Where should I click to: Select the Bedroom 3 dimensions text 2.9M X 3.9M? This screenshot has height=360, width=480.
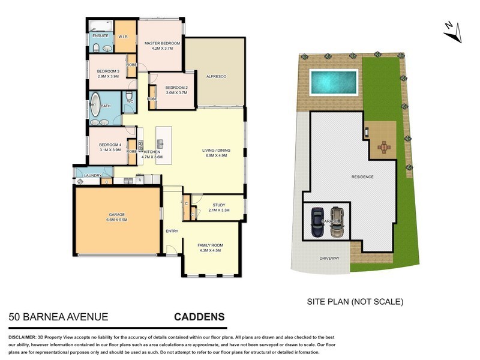(x=109, y=77)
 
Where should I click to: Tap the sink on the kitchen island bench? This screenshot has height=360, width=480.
(x=160, y=143)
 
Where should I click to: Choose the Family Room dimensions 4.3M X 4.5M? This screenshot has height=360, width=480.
(x=210, y=251)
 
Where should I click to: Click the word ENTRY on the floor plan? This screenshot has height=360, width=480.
(x=172, y=230)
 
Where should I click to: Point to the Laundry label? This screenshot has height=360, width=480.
(x=93, y=176)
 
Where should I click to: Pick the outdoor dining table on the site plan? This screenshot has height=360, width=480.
(x=383, y=146)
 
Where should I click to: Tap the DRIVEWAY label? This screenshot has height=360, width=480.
(x=329, y=259)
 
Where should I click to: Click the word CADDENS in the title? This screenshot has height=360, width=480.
(x=199, y=316)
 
